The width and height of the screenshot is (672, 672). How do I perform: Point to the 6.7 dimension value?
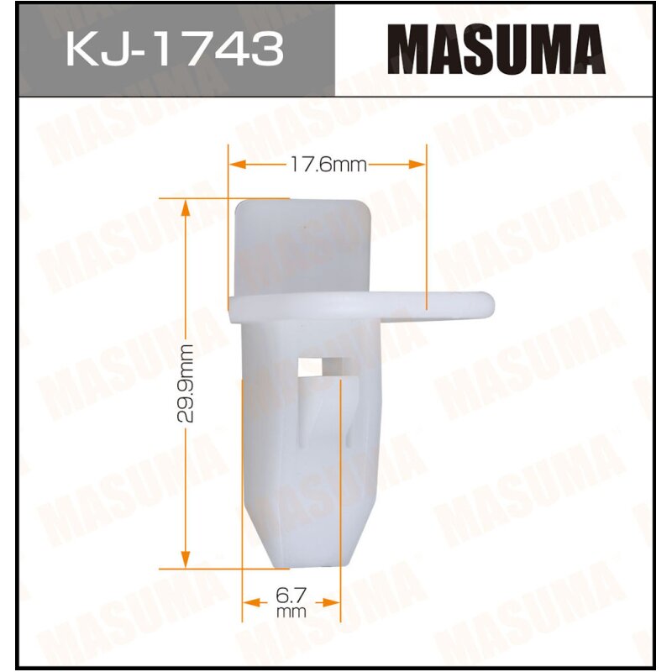pos(292,597)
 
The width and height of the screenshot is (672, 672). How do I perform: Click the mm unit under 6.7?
pos(292,612)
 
